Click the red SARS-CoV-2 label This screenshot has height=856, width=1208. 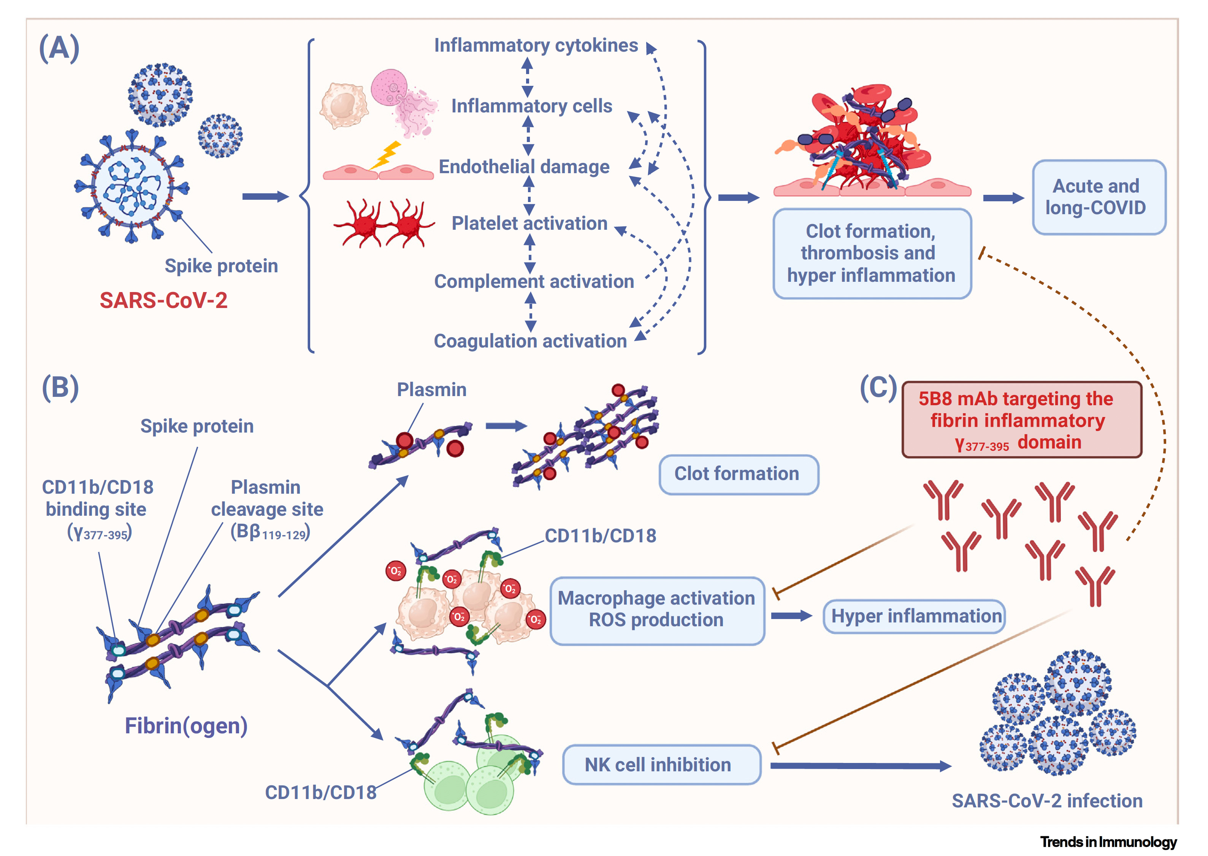(x=163, y=300)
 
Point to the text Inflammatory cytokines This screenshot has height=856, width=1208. (x=536, y=46)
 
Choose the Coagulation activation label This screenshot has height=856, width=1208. (x=530, y=341)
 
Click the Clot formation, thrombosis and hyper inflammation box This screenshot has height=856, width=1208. (x=872, y=254)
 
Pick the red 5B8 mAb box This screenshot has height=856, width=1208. (x=1021, y=420)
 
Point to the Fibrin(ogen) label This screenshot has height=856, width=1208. (x=185, y=726)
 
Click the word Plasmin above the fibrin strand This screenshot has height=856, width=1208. (x=431, y=390)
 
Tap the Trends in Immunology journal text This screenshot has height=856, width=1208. (x=1108, y=842)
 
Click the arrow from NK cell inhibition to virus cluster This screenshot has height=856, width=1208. (x=860, y=766)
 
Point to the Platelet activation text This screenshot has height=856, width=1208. (x=529, y=223)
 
